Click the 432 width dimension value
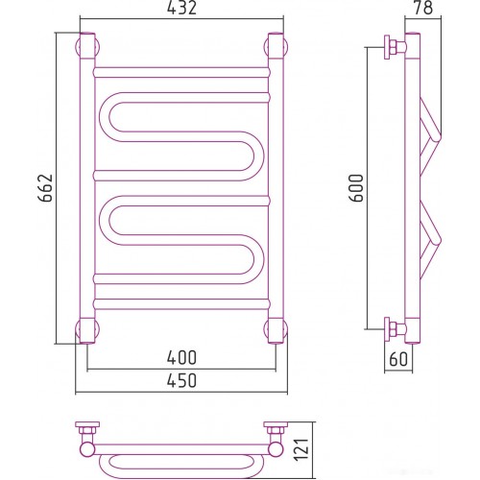[x=181, y=8]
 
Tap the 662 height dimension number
[x=45, y=188]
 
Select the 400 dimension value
[x=181, y=358]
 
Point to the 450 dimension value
[x=181, y=381]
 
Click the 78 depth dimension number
[x=423, y=8]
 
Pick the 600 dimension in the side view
[x=357, y=188]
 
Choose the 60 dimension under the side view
[x=398, y=359]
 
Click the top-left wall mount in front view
[x=87, y=46]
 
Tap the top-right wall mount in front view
[x=276, y=46]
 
